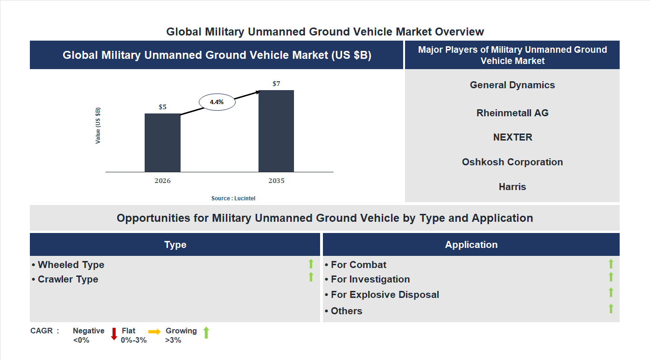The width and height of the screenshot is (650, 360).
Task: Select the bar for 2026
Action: tap(162, 142)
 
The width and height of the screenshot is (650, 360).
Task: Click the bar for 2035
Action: tap(276, 131)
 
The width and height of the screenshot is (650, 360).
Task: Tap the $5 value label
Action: tap(162, 107)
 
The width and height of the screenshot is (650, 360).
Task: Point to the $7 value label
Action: tap(276, 84)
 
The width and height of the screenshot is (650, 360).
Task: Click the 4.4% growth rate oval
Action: tap(217, 102)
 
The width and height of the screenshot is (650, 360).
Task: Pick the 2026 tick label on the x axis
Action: tap(162, 181)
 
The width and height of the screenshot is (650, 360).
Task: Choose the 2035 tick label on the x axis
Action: tap(276, 181)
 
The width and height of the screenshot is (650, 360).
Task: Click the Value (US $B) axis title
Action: tap(98, 126)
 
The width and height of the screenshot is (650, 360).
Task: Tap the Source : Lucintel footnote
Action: tap(233, 198)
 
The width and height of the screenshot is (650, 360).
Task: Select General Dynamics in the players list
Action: tap(512, 85)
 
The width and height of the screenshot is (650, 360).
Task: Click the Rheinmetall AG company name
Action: tap(512, 113)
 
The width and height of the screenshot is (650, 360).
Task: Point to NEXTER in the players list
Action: tap(512, 137)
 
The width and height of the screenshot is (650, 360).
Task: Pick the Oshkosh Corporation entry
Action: tap(512, 162)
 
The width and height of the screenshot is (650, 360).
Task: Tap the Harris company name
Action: tap(512, 187)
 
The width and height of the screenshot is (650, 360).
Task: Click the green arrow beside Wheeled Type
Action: tap(311, 264)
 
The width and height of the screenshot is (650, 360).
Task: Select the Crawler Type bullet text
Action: tap(68, 279)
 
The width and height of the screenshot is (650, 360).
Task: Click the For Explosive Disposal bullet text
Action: tap(384, 295)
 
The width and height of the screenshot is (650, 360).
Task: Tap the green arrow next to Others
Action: tap(611, 309)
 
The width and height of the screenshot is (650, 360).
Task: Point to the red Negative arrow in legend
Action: tap(114, 334)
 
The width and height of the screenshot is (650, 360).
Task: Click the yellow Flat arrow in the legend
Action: tap(154, 331)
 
